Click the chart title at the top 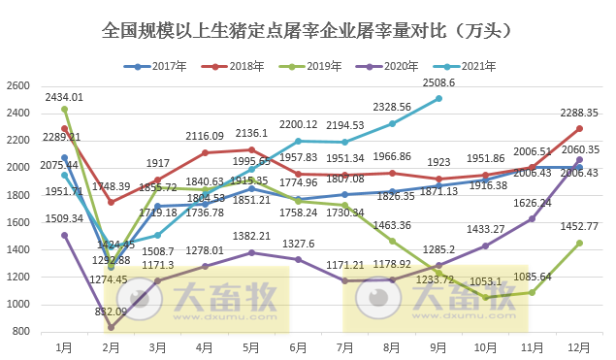click(308, 32)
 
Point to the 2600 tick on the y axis click(18, 86)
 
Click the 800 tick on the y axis click(21, 332)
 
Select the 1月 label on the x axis click(64, 346)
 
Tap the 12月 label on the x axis click(579, 346)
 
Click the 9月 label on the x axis click(438, 346)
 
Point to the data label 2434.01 click(63, 97)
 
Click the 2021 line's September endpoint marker click(438, 98)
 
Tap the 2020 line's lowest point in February click(111, 327)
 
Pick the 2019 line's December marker click(579, 243)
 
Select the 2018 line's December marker click(579, 128)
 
